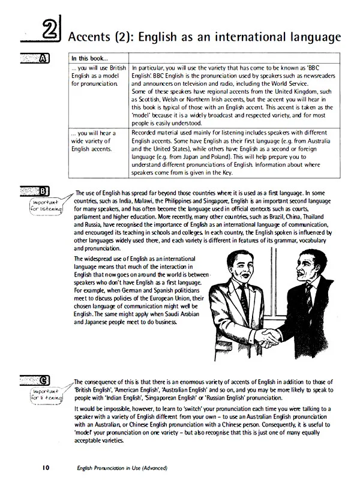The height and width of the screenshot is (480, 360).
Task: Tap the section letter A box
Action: click(x=43, y=58)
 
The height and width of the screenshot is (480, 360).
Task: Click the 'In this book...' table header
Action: click(x=89, y=59)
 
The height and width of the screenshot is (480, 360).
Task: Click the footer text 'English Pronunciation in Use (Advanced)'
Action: click(x=117, y=467)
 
